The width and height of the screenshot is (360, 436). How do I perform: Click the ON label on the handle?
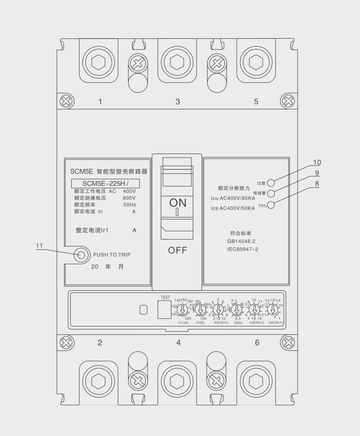click(178, 202)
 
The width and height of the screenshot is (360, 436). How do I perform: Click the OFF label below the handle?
click(178, 250)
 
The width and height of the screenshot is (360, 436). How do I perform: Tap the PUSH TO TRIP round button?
click(81, 255)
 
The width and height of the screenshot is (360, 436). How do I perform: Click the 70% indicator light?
click(271, 205)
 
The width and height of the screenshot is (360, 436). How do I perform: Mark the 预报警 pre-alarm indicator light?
click(271, 193)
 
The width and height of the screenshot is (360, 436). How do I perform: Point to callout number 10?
click(316, 162)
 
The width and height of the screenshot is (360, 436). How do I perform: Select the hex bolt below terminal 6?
click(256, 382)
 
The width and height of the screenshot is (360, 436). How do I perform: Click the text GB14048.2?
click(241, 241)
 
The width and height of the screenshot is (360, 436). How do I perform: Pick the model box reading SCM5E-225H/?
click(105, 183)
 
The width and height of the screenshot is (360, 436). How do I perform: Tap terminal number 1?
click(100, 102)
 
